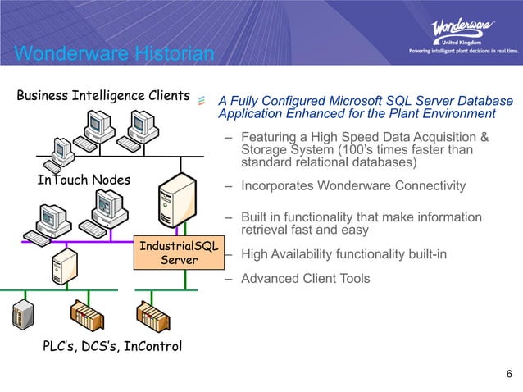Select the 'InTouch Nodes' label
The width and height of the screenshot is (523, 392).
84,180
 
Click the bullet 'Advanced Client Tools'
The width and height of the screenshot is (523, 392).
306,279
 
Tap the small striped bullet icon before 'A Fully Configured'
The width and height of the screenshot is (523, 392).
202,101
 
